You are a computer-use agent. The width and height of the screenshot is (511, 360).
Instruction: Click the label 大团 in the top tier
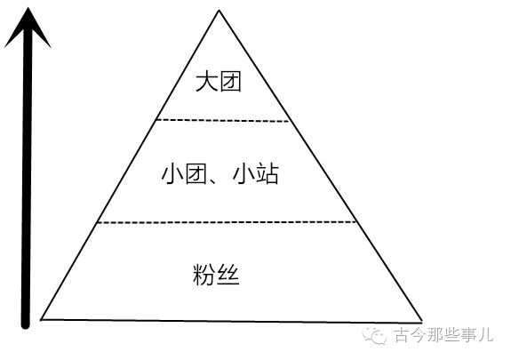click(219, 82)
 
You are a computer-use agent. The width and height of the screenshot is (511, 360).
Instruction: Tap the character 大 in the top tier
click(206, 82)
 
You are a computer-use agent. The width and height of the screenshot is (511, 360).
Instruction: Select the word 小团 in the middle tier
click(184, 174)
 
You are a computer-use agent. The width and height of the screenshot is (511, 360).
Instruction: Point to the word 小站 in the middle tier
click(256, 174)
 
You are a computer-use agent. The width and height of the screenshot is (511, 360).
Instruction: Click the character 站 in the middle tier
click(267, 174)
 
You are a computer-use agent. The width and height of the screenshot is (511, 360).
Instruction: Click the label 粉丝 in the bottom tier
click(216, 275)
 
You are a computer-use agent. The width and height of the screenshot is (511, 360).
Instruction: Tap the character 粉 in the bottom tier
click(204, 275)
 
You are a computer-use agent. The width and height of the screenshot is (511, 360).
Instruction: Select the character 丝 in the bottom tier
click(228, 275)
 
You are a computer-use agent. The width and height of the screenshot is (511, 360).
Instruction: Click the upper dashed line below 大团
click(222, 121)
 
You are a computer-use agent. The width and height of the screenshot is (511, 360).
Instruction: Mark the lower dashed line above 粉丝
click(227, 222)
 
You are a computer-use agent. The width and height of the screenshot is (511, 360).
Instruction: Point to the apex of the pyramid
click(220, 10)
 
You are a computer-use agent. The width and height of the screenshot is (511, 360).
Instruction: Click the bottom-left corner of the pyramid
click(41, 320)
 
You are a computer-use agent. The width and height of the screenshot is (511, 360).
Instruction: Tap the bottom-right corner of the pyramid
click(422, 322)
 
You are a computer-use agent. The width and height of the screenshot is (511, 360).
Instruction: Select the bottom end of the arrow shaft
click(26, 325)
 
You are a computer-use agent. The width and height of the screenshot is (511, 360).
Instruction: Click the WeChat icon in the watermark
click(375, 334)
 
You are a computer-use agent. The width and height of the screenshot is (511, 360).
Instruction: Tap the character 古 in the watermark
click(402, 334)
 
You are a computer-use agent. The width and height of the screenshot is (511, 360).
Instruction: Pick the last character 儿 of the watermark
click(485, 334)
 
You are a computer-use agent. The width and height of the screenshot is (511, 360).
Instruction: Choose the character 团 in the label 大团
click(230, 82)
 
